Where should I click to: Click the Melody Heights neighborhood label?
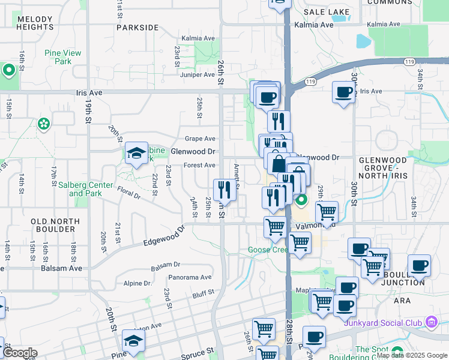point(35,23)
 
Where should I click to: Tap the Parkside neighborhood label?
point(137,28)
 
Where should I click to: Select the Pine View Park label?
point(62,57)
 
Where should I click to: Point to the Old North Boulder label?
point(55,226)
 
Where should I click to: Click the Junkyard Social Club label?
point(384,320)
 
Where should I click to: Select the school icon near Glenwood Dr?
point(136,153)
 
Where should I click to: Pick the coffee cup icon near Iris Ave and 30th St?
point(343,92)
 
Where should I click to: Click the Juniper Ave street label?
point(197,74)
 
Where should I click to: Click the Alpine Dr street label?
point(137,283)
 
